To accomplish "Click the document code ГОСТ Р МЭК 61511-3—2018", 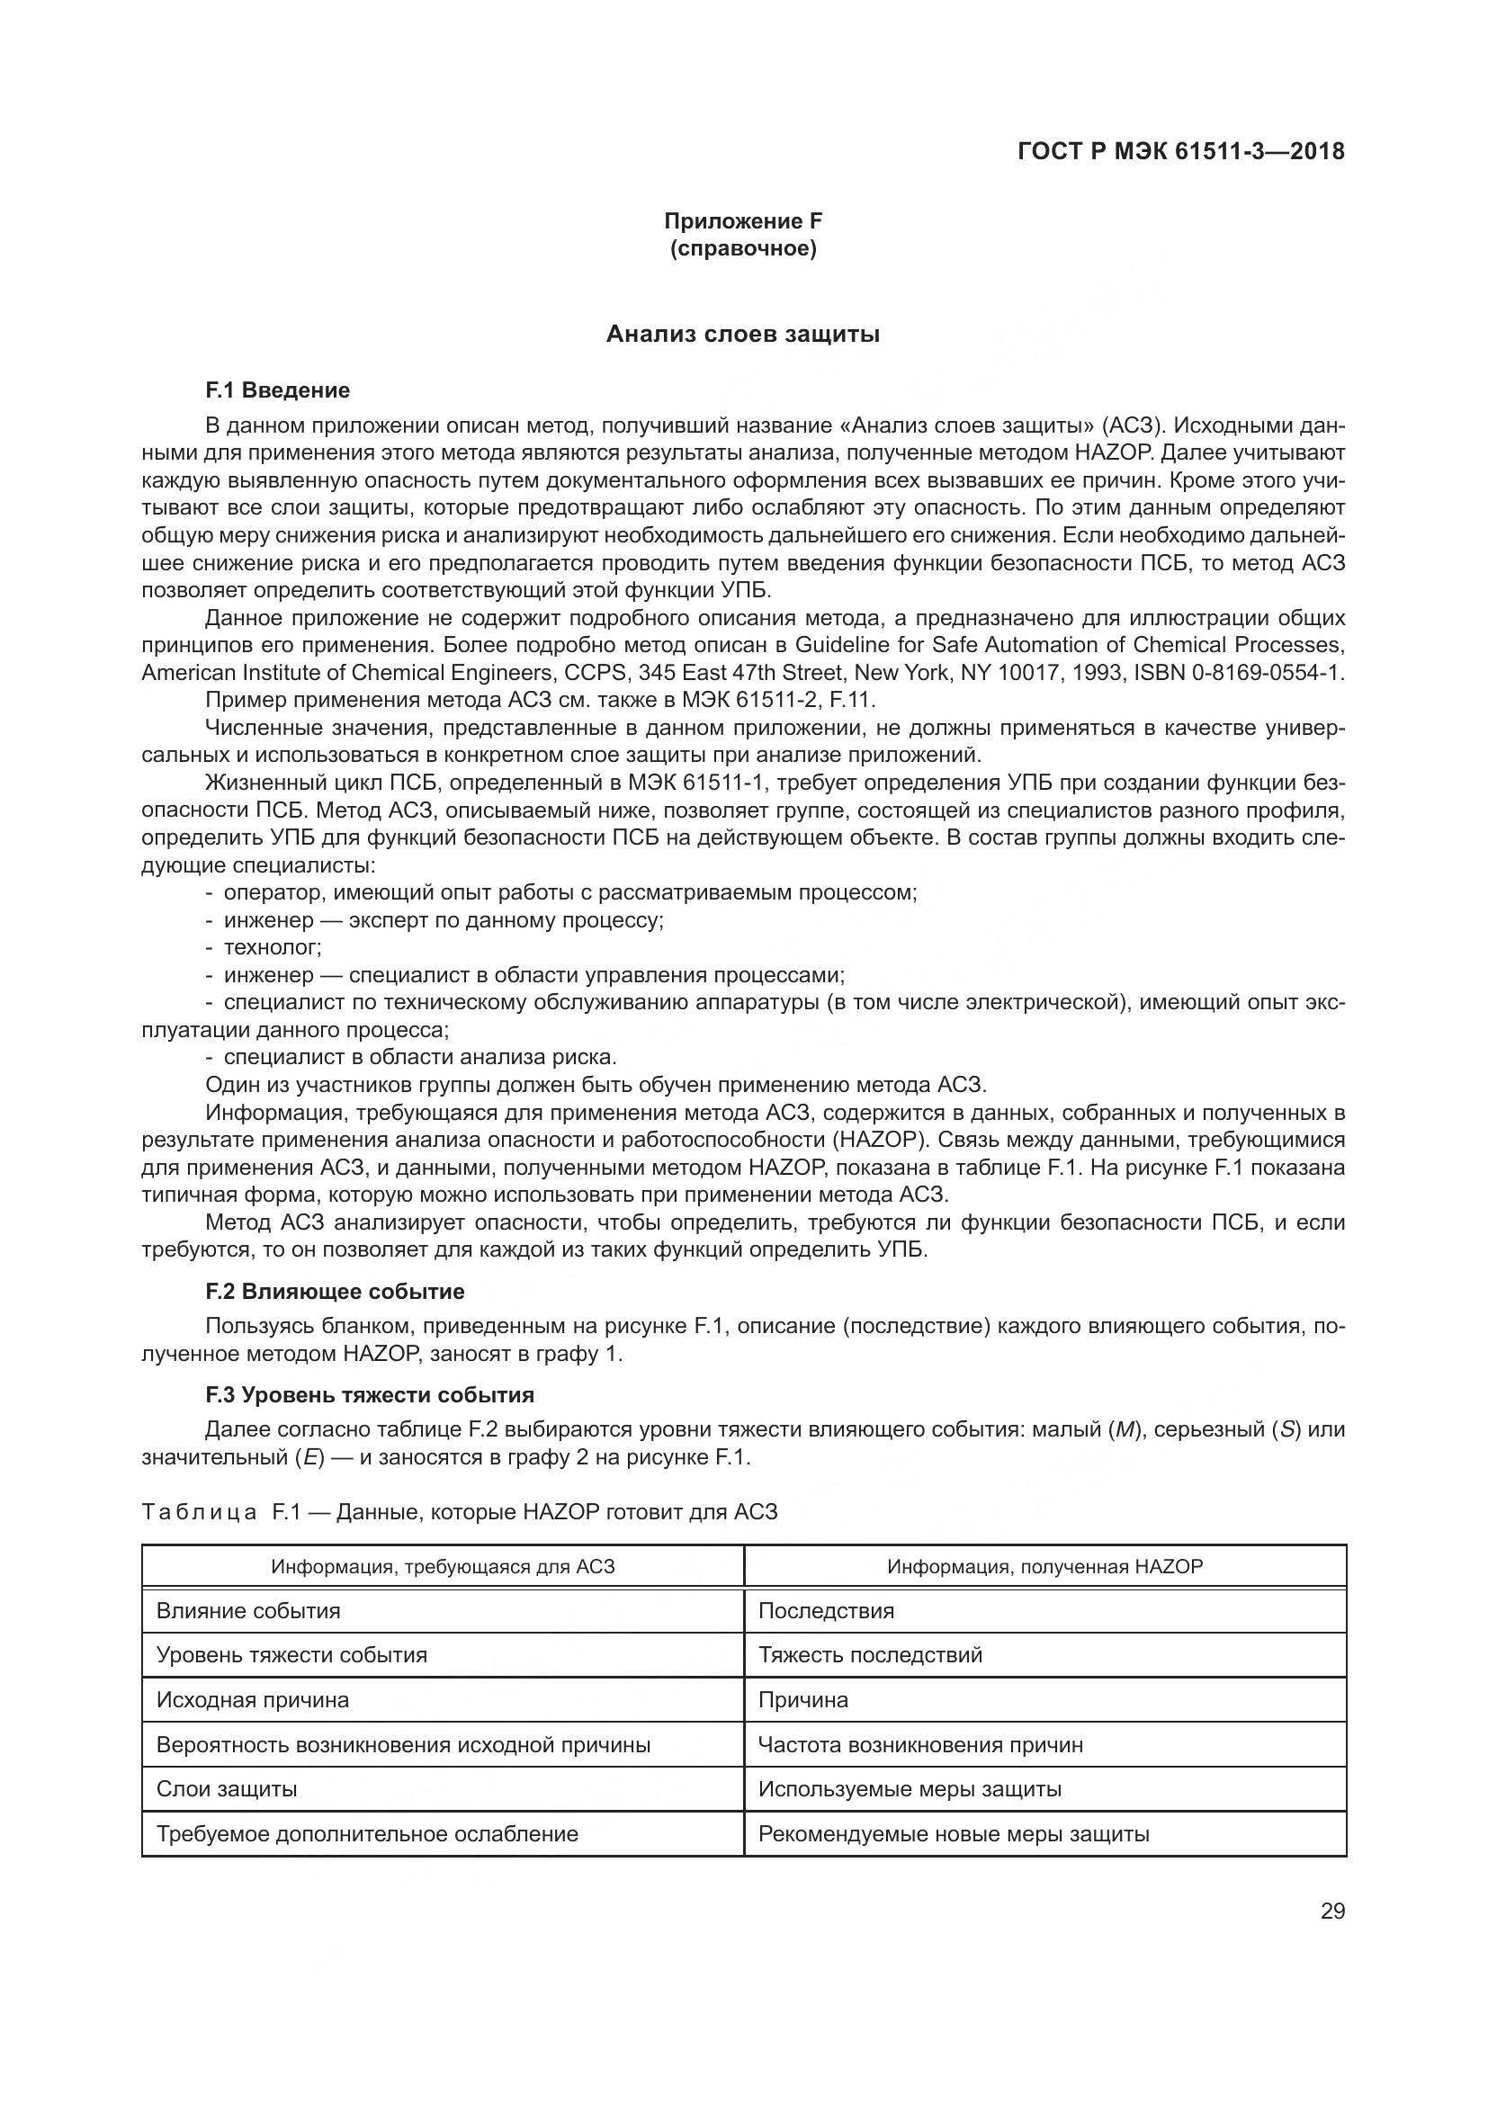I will (1181, 151).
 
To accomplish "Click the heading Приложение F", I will (743, 221).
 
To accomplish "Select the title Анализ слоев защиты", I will (743, 335).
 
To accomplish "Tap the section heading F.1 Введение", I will (278, 390).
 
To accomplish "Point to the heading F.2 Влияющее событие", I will (335, 1291).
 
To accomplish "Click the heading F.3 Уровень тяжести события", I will (369, 1395).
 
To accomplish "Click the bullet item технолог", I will (272, 946).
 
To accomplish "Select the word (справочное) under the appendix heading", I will (743, 248).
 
